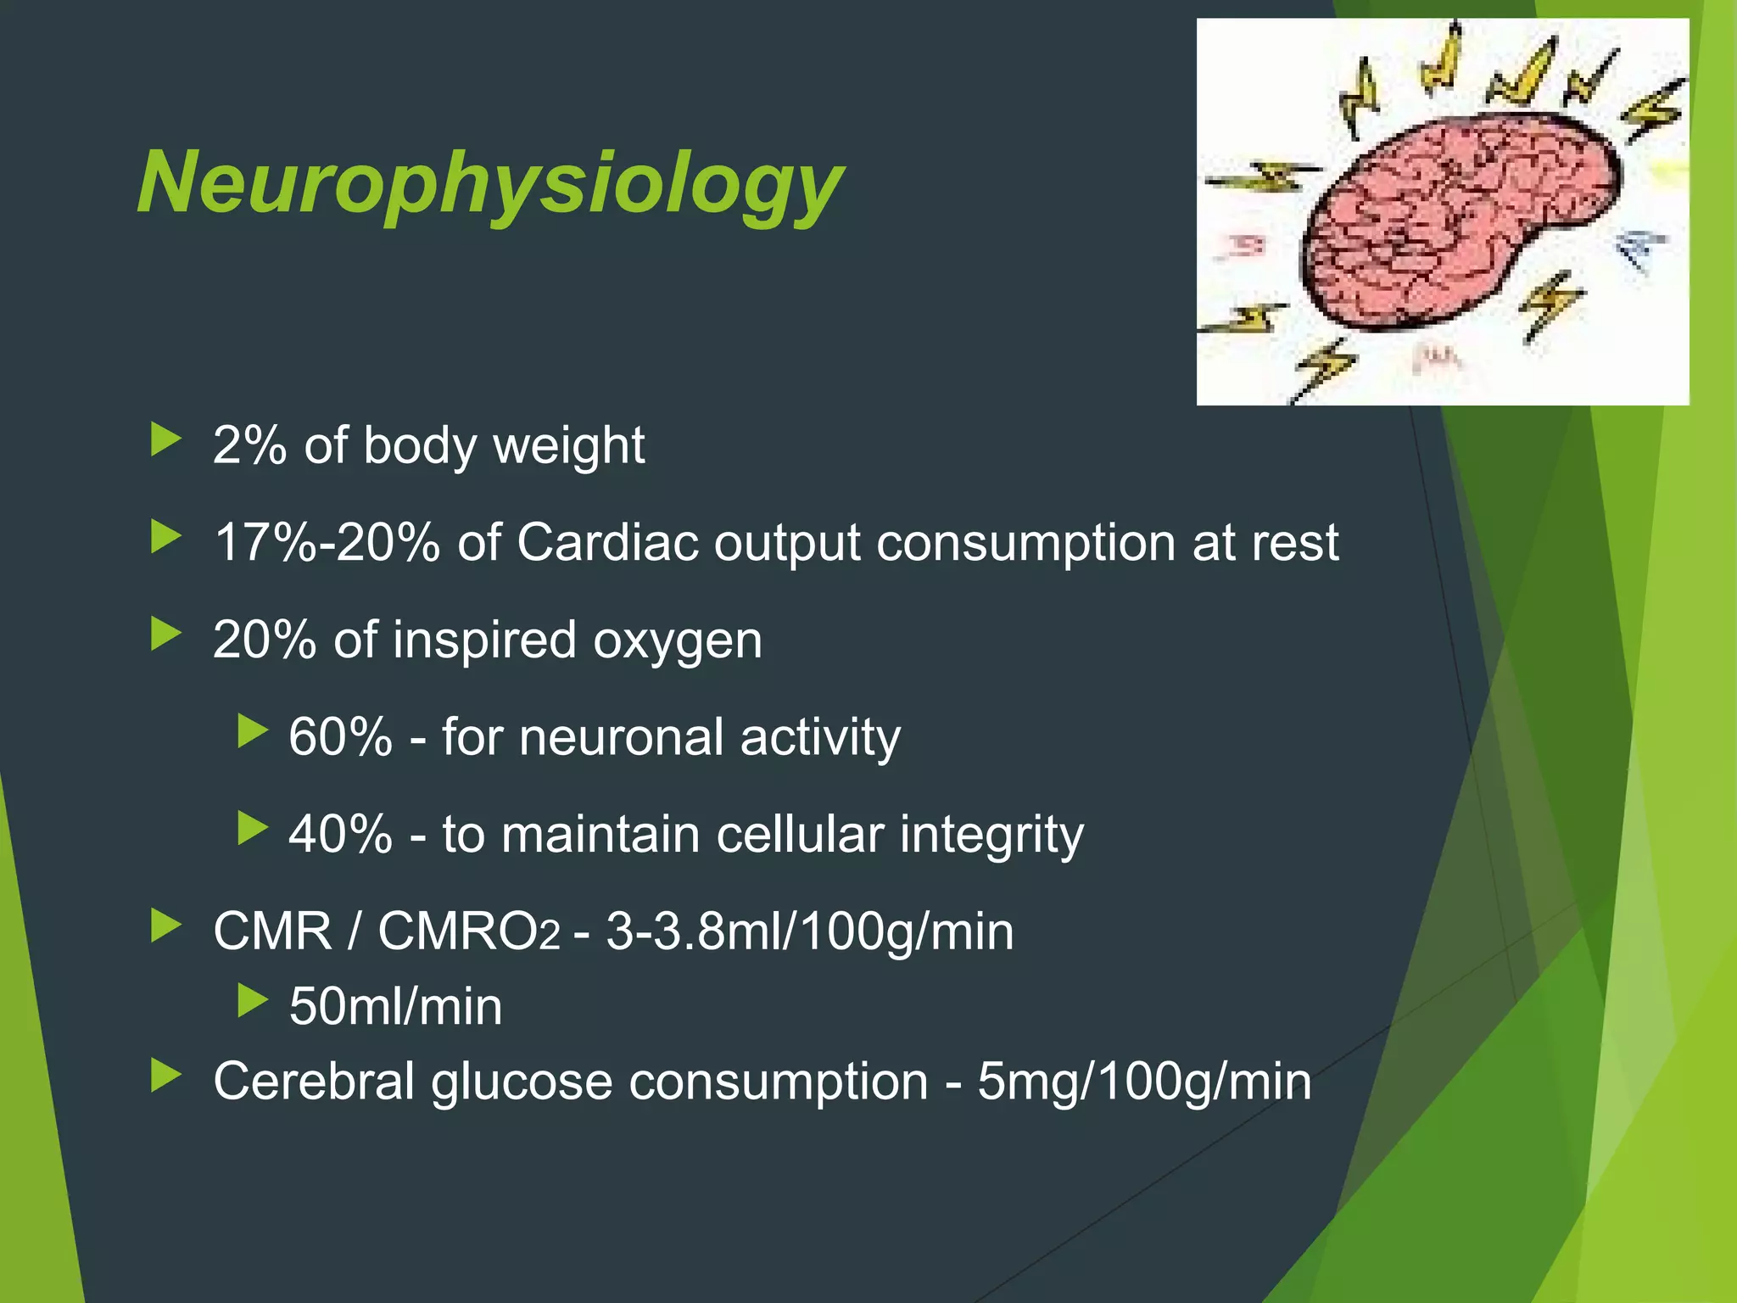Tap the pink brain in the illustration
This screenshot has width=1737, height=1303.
[1459, 225]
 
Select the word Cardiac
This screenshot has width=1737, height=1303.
[607, 542]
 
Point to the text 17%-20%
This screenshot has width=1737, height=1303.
[327, 542]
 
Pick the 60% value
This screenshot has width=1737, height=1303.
[340, 736]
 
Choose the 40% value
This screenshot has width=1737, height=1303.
[340, 834]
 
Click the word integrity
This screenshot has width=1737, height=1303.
[991, 836]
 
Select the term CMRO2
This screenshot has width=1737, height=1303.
[469, 931]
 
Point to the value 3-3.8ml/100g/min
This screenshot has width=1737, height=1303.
[810, 931]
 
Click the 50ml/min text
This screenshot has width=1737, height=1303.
[395, 1007]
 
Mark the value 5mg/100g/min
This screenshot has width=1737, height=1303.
[1144, 1082]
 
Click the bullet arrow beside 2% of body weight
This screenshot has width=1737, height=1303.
[165, 439]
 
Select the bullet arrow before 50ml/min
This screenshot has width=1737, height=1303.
[252, 1001]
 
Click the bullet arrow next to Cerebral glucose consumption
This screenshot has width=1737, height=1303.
[165, 1076]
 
